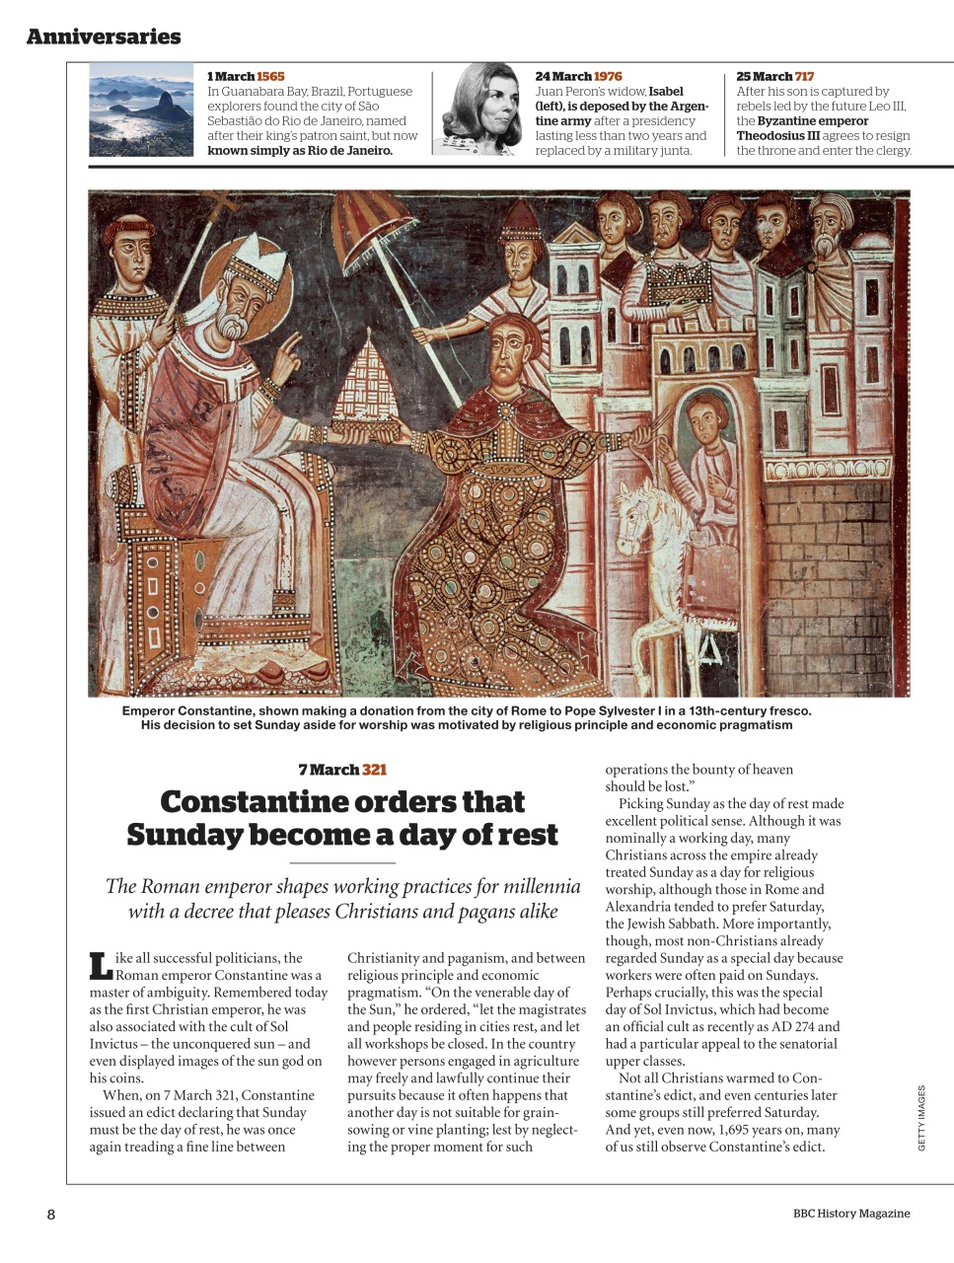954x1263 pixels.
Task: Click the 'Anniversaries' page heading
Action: [104, 37]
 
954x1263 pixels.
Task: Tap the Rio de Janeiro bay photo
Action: [141, 109]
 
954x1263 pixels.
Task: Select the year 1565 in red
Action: [270, 76]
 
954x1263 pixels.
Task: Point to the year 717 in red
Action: [804, 76]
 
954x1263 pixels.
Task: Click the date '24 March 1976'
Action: [578, 76]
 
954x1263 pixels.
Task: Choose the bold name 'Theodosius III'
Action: [777, 136]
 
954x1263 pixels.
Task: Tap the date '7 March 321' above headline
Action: [342, 770]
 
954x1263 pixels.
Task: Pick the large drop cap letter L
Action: [100, 965]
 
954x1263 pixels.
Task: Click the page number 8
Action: [51, 1215]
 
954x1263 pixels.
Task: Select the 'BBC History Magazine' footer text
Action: [850, 1214]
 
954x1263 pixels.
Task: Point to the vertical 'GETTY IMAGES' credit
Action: [921, 1117]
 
